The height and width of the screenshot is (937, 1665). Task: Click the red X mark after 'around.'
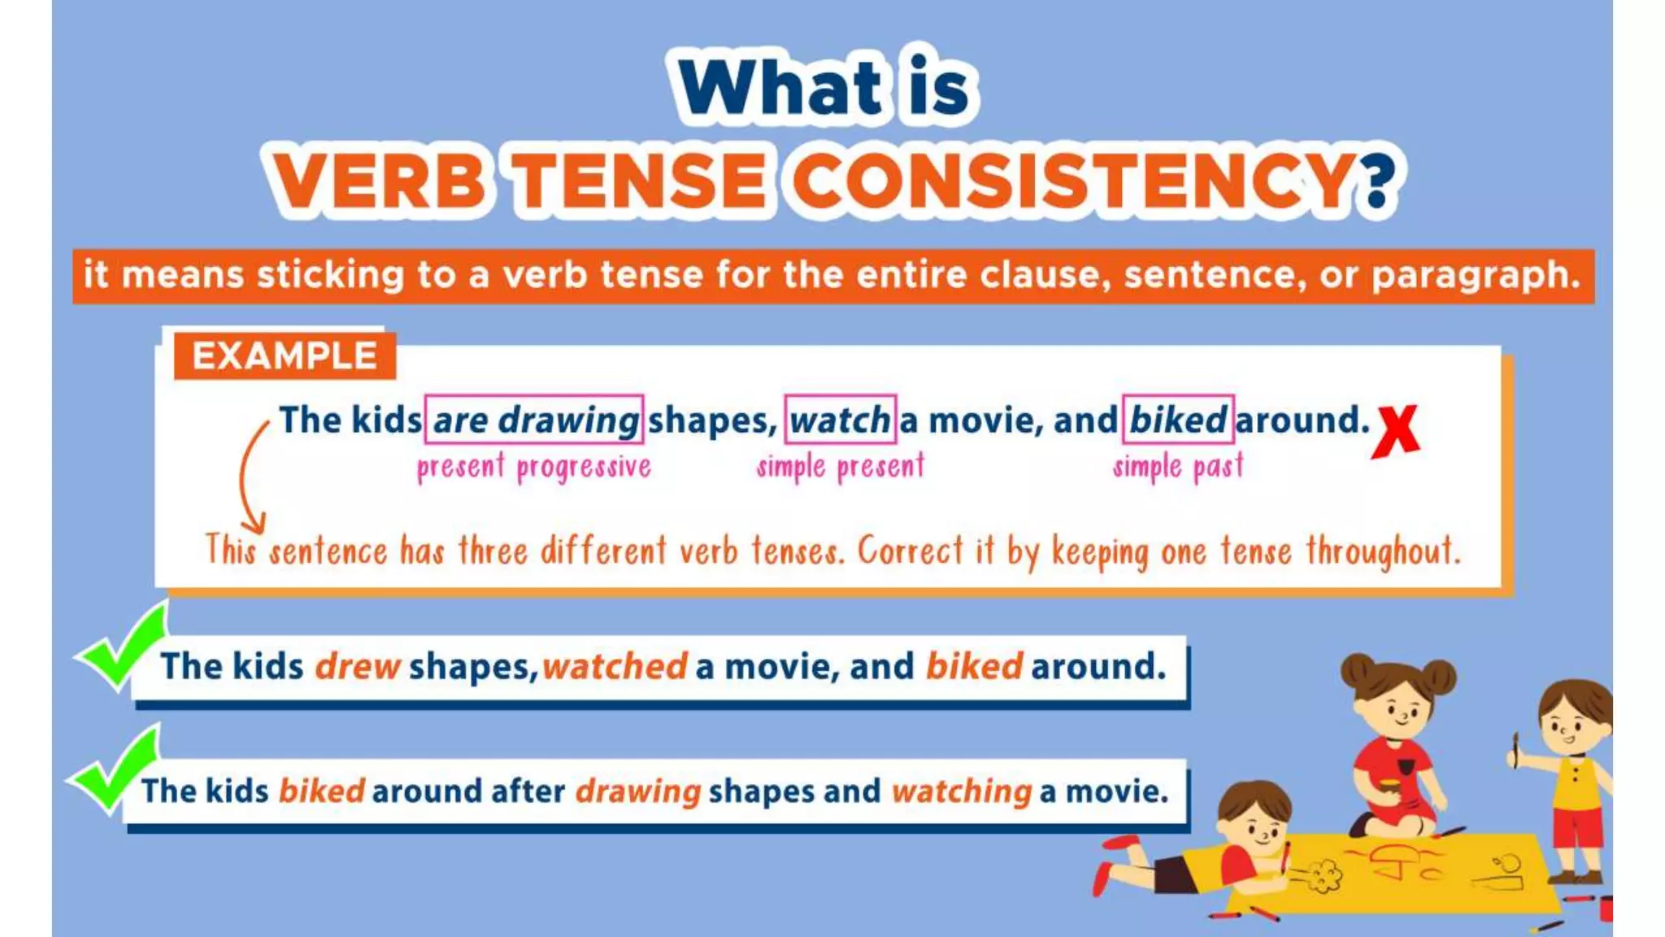coord(1395,431)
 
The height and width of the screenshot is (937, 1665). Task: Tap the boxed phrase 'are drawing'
coord(534,420)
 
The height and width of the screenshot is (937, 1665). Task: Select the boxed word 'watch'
coord(840,420)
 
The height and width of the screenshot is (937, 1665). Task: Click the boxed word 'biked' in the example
coord(1178,420)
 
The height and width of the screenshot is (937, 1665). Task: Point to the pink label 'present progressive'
coord(534,468)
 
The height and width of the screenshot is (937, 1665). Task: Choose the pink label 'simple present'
coord(841,467)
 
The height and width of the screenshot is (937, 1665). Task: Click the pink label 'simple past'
coord(1178,467)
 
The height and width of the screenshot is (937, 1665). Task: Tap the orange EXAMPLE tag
coord(285,355)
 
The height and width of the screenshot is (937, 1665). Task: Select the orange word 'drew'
coord(358,667)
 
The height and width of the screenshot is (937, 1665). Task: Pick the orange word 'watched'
coord(615,667)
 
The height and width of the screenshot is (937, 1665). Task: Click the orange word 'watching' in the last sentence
coord(962,791)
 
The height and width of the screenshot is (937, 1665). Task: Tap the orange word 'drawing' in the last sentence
coord(638,791)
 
